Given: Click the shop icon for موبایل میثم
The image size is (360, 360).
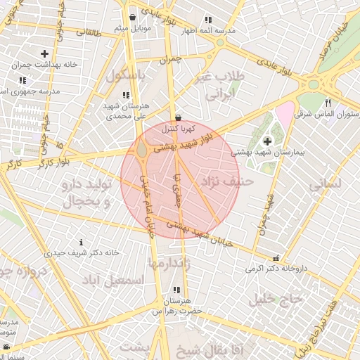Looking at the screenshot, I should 133,17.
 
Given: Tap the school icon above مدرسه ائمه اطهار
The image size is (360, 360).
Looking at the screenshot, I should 207,20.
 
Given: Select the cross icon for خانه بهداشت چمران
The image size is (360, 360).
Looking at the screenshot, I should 45,53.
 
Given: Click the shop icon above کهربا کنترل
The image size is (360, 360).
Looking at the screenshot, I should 176,117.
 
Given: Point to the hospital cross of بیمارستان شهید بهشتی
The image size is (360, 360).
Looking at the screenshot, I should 267,142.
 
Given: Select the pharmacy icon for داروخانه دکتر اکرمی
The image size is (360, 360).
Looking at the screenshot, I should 275,258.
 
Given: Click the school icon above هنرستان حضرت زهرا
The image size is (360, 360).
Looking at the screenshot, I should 176,290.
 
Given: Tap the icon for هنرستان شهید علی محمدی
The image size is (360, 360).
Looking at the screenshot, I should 126,95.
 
